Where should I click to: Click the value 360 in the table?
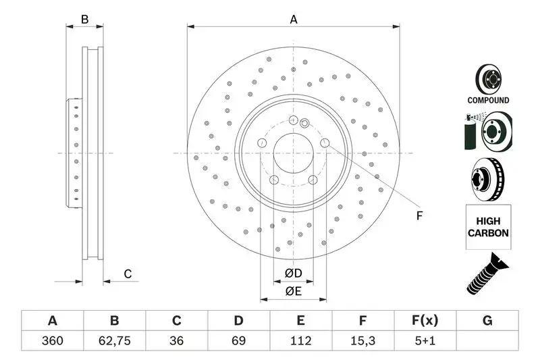click(52, 341)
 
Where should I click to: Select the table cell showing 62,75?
click(114, 341)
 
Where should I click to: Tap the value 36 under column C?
click(176, 341)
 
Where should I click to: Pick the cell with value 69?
click(238, 341)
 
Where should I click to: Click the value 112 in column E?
click(300, 341)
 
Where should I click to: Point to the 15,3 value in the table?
click(362, 341)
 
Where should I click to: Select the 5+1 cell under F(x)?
click(425, 341)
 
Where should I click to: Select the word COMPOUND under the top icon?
click(488, 100)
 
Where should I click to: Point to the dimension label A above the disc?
click(294, 20)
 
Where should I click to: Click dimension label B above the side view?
click(84, 20)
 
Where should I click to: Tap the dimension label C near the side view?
click(127, 274)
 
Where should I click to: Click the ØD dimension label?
click(293, 273)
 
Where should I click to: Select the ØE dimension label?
click(293, 291)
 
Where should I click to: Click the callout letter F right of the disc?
click(418, 216)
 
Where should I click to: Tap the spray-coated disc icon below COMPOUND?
click(487, 132)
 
